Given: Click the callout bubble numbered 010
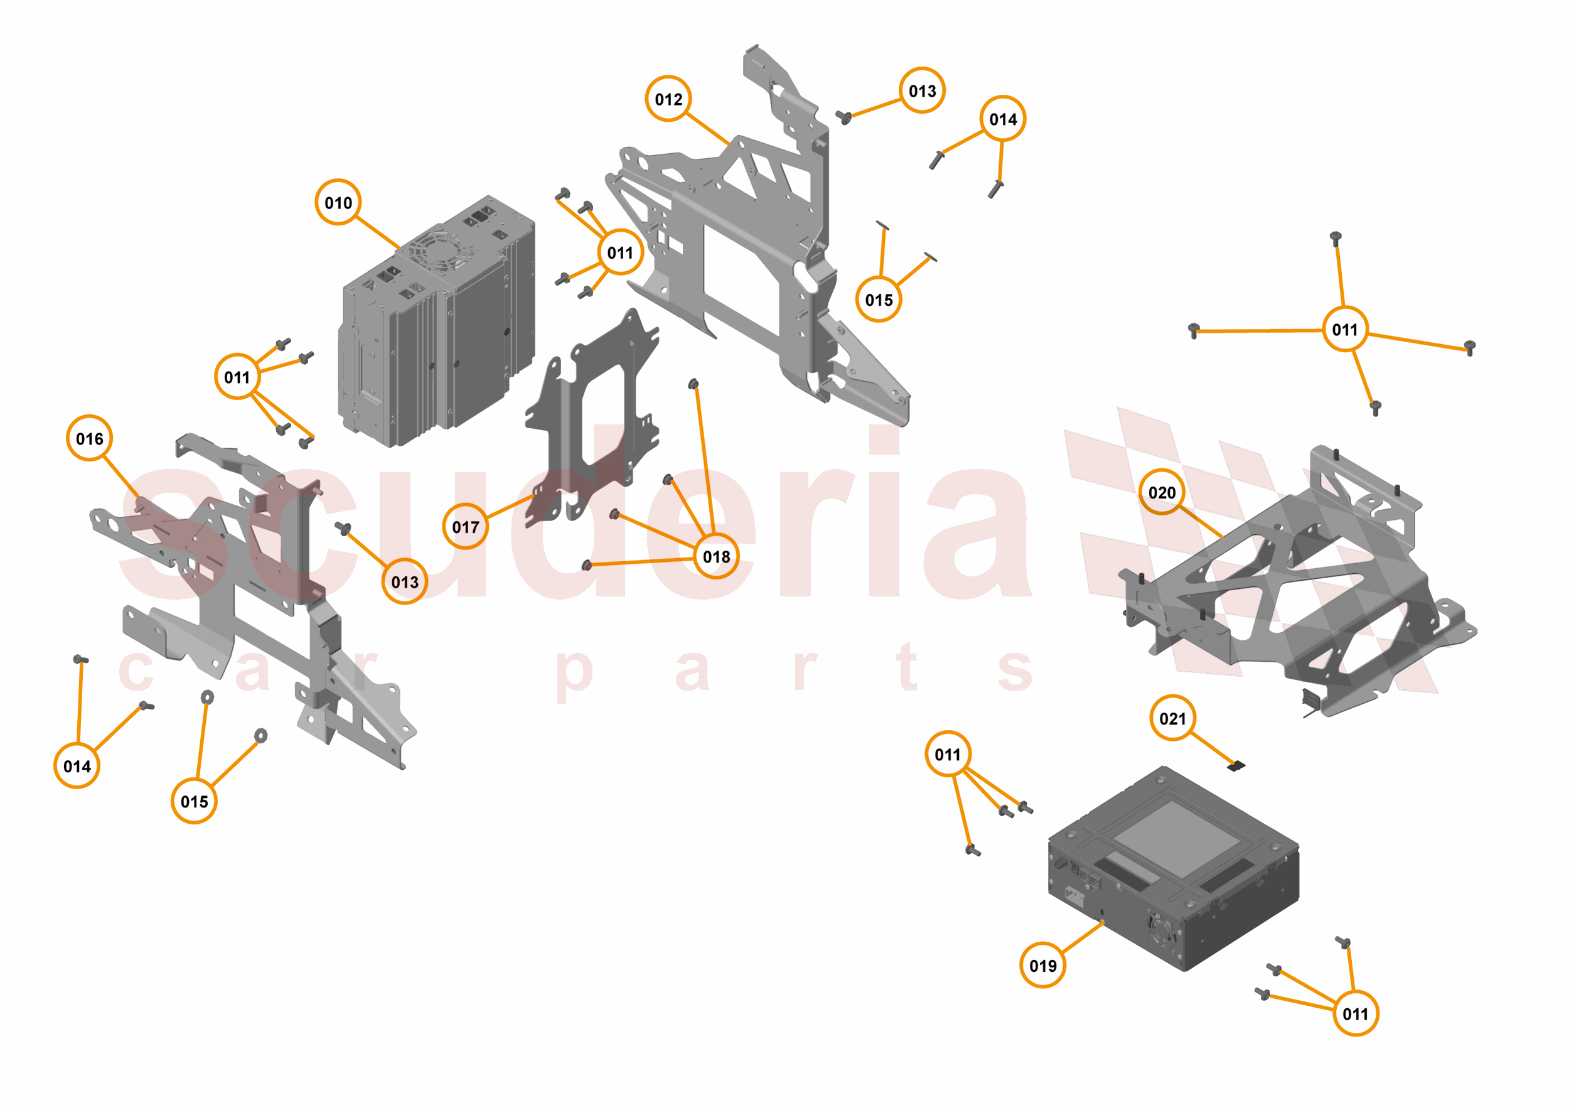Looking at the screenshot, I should pyautogui.click(x=338, y=202).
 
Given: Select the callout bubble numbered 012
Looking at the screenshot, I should pyautogui.click(x=668, y=99).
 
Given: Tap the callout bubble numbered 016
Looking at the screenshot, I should pyautogui.click(x=90, y=438).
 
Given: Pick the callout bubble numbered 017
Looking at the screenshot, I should pyautogui.click(x=466, y=526).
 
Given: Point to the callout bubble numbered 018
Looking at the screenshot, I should pyautogui.click(x=715, y=556).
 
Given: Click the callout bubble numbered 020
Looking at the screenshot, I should pyautogui.click(x=1161, y=492).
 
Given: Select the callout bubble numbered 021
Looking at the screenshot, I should pyautogui.click(x=1172, y=718).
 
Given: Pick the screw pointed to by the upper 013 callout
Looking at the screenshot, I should pyautogui.click(x=843, y=117).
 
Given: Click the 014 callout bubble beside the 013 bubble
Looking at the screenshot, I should pyautogui.click(x=1002, y=119).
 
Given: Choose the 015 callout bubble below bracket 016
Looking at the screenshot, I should pyautogui.click(x=194, y=801).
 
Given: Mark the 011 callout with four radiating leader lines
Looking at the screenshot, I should pyautogui.click(x=1344, y=330).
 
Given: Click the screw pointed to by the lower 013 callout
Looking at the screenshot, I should pyautogui.click(x=343, y=527).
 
